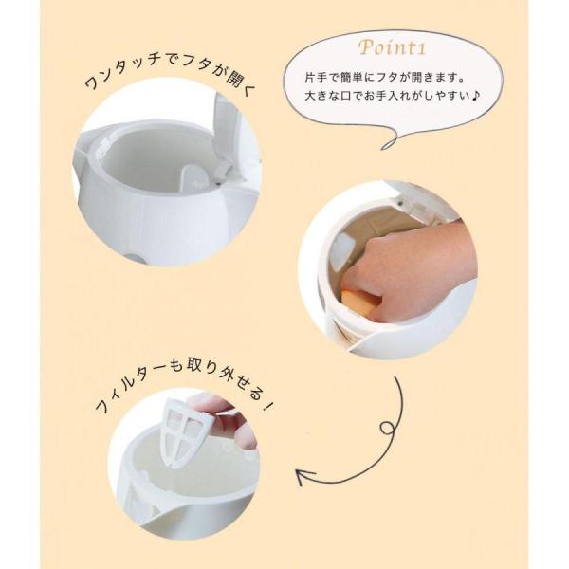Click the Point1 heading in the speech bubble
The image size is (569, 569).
coord(392,47)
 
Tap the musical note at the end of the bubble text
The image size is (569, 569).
coord(476,96)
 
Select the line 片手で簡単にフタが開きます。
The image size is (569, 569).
coord(385,78)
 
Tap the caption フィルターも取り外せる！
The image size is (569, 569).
coord(183,385)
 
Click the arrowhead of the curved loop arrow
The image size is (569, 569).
coord(304,476)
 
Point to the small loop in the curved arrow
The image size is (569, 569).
coord(387,428)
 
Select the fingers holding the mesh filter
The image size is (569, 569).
coord(221,417)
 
